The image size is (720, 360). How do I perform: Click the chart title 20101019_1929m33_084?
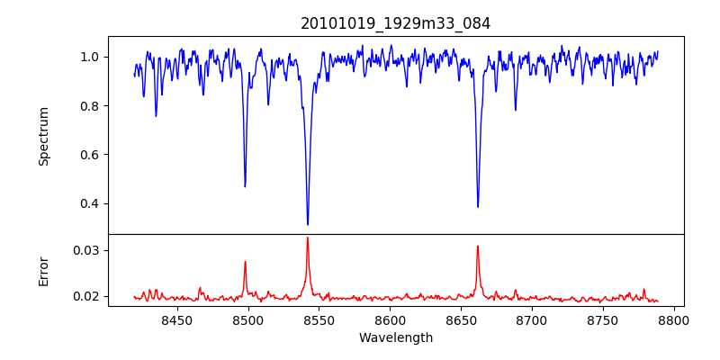(396, 23)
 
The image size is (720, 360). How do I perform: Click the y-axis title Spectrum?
(43, 136)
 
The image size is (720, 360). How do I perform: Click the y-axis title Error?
(43, 270)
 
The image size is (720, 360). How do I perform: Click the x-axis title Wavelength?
(396, 338)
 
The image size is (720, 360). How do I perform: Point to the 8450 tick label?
(177, 319)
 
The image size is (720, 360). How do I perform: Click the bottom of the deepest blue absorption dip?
(308, 224)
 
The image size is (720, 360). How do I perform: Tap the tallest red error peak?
(308, 238)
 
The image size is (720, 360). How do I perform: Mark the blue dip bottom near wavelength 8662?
(478, 206)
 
